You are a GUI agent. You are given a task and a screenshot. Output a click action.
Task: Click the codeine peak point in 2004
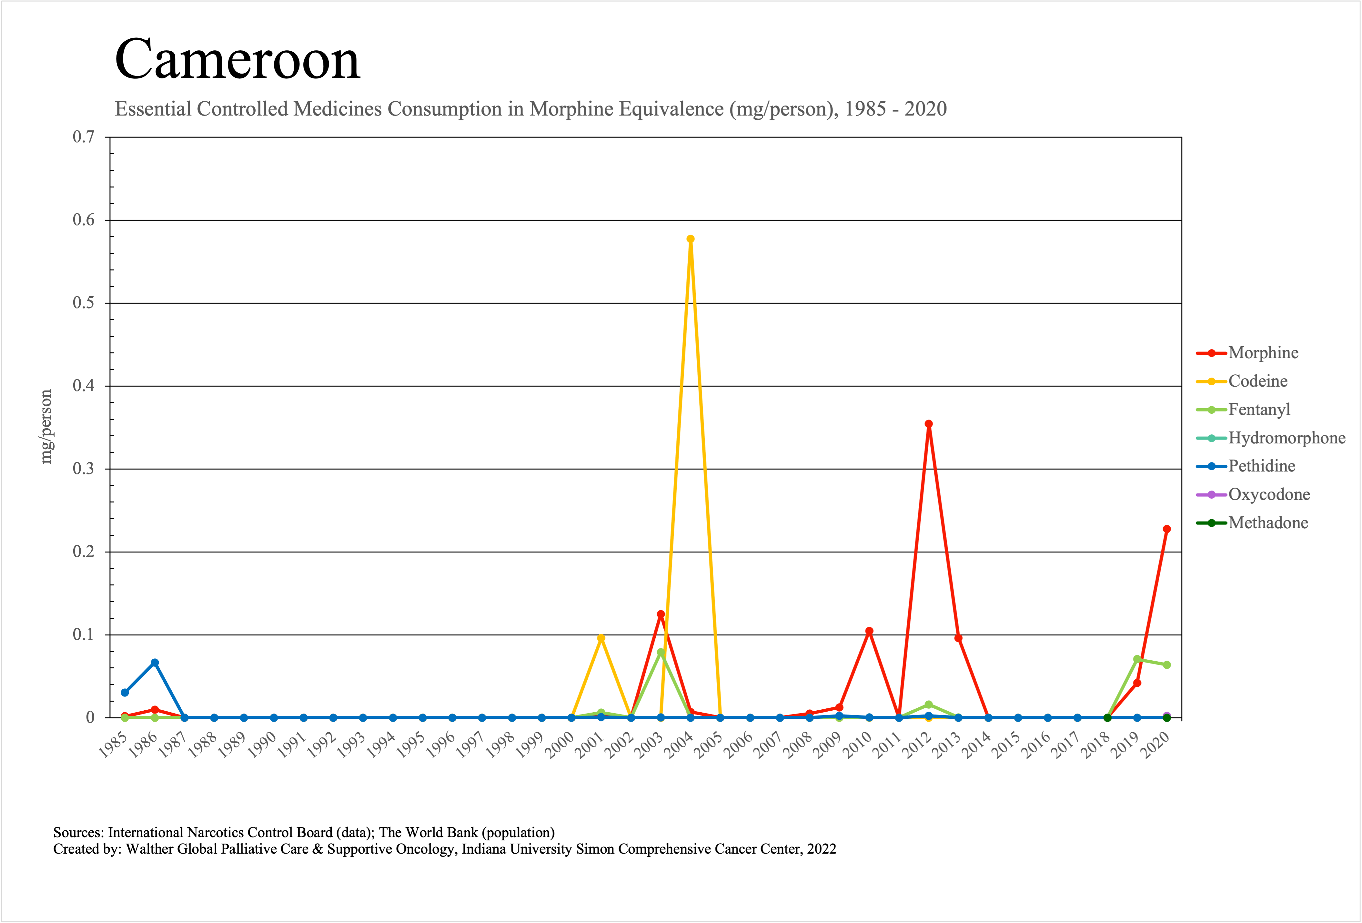[691, 239]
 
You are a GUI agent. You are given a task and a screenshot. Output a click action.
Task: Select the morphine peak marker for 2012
[928, 424]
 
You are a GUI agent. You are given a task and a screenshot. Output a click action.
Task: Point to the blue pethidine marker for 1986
[155, 663]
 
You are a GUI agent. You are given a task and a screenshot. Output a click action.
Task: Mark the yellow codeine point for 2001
[601, 638]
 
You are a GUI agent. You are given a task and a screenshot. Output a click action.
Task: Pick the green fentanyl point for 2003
[661, 652]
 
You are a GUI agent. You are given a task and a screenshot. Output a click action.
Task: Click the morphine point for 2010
[869, 631]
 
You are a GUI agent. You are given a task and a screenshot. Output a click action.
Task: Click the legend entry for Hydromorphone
[1286, 438]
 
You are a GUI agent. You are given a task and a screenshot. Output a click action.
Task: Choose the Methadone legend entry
[1268, 523]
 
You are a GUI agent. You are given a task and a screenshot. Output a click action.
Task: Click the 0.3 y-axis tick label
[83, 469]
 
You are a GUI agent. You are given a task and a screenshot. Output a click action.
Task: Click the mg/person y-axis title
[46, 427]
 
